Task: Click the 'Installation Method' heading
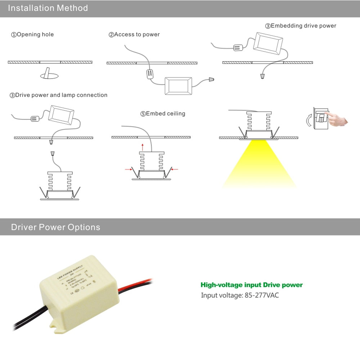coord(48,8)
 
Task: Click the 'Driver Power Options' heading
coord(55,227)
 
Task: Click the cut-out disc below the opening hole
coord(49,75)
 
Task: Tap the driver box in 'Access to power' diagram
coord(178,86)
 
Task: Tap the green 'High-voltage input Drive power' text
coord(252,285)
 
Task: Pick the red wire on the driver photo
coord(137,284)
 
